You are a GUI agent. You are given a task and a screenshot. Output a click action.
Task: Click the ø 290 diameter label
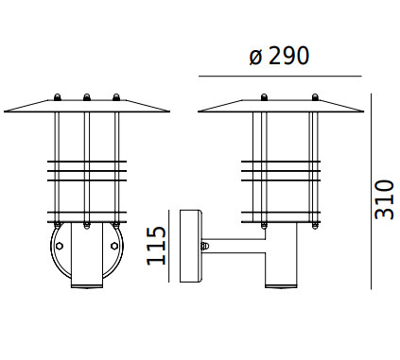pos(279,56)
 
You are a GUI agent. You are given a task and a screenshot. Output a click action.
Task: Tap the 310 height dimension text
pos(384,199)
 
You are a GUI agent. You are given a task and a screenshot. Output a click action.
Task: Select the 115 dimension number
pos(156,246)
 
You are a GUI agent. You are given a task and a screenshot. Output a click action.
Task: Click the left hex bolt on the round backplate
pos(59,246)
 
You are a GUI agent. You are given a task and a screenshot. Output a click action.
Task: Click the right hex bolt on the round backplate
pos(114,246)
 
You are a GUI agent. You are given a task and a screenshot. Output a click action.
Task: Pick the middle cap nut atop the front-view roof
pos(87,97)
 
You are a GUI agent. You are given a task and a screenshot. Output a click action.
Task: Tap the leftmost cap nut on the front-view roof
pos(58,97)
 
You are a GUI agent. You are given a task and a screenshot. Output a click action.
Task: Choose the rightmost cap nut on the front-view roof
pos(116,97)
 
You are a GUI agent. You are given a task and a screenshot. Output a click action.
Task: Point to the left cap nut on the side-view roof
pos(264,97)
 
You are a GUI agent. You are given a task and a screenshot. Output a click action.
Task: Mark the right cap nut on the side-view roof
pos(315,97)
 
